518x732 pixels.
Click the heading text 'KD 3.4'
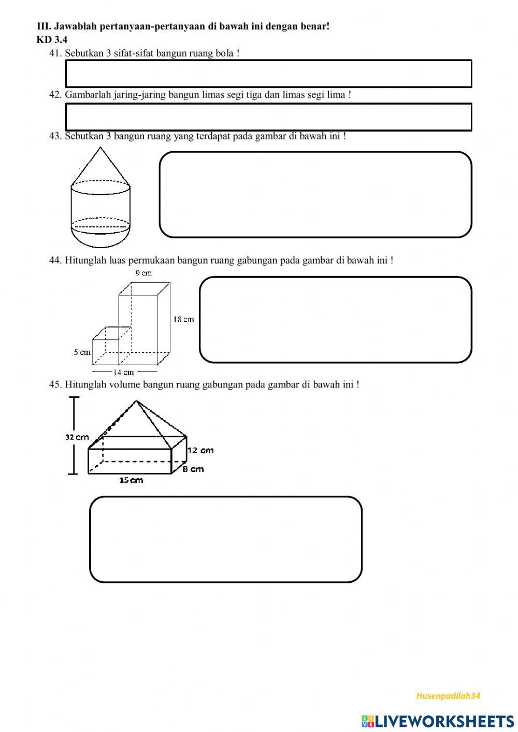[x=52, y=39]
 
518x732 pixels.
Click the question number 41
[x=55, y=53]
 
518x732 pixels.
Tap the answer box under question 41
[x=268, y=74]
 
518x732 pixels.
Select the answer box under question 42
[x=268, y=117]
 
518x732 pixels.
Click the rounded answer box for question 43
[x=315, y=195]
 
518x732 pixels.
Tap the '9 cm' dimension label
[x=143, y=273]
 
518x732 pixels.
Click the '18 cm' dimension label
[x=183, y=320]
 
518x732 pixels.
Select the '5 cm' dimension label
[x=82, y=352]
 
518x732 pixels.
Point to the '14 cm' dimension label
[x=124, y=372]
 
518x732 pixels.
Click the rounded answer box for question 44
[x=335, y=320]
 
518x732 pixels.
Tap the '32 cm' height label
[x=77, y=437]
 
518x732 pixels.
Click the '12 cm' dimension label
[x=200, y=450]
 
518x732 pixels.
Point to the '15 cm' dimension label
[x=131, y=480]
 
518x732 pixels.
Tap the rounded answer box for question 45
[x=225, y=539]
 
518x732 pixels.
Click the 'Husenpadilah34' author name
[x=448, y=696]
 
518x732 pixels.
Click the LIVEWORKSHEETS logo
[x=438, y=721]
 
